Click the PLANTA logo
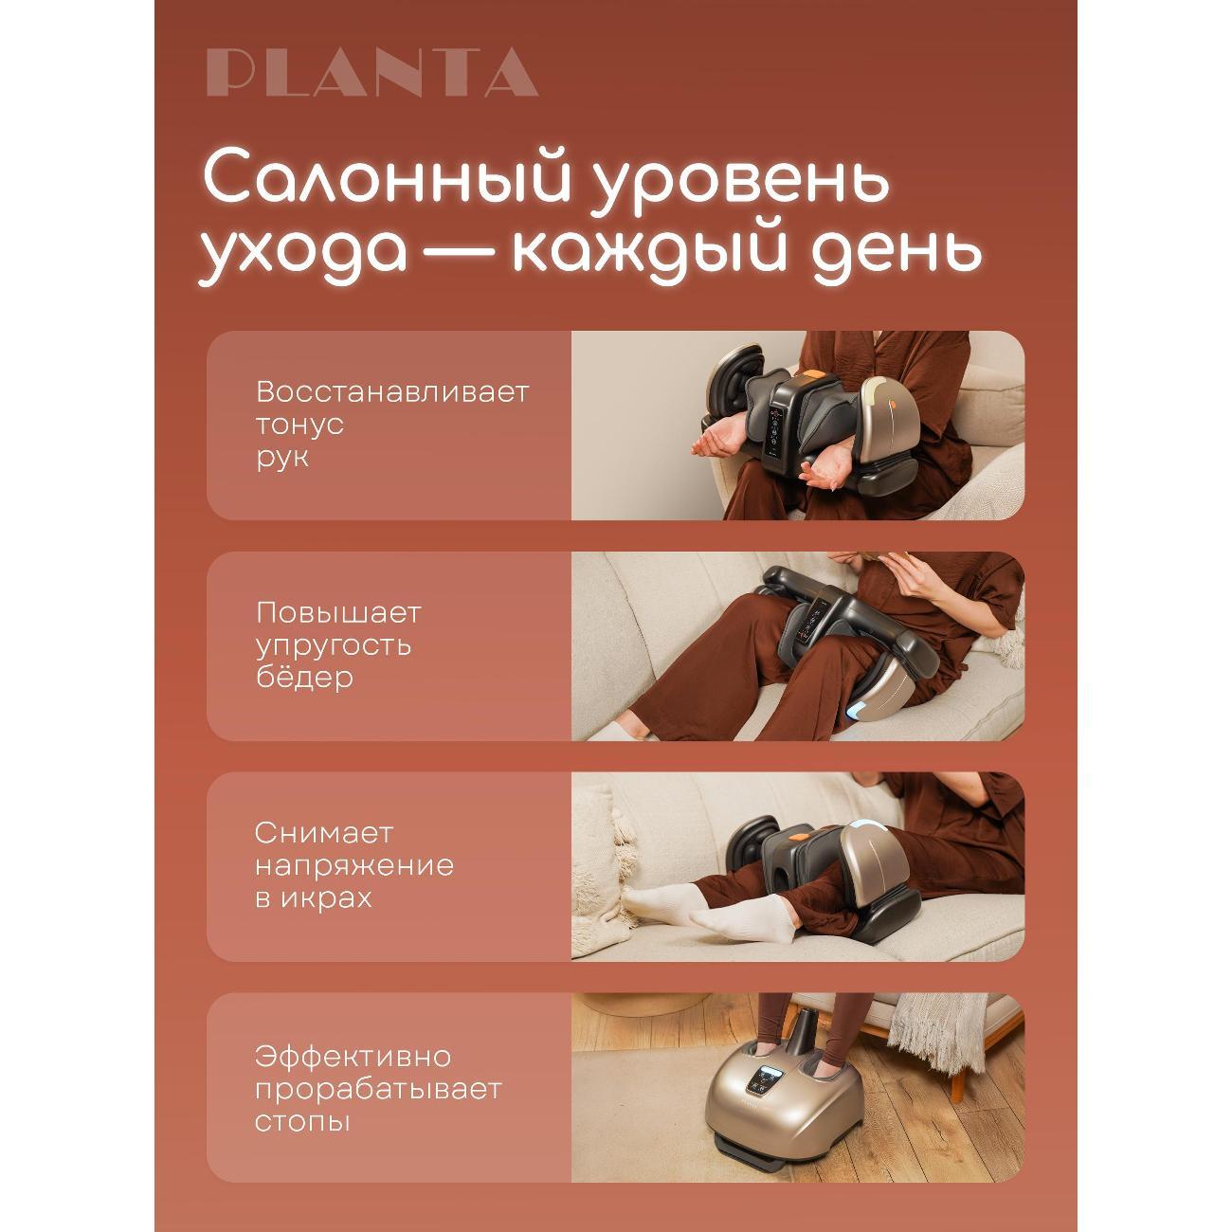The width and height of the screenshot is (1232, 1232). [x=371, y=73]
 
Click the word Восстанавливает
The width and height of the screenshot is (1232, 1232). [x=391, y=391]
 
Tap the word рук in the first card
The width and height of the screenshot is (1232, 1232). [x=282, y=457]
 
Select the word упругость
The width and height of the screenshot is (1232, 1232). [x=333, y=645]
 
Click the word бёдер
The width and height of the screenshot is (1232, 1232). [x=304, y=678]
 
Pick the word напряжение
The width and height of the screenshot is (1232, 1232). [x=353, y=865]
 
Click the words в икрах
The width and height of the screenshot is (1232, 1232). [x=313, y=897]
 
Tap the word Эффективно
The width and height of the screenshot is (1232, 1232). [x=353, y=1056]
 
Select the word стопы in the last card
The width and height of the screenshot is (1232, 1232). [x=302, y=1121]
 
